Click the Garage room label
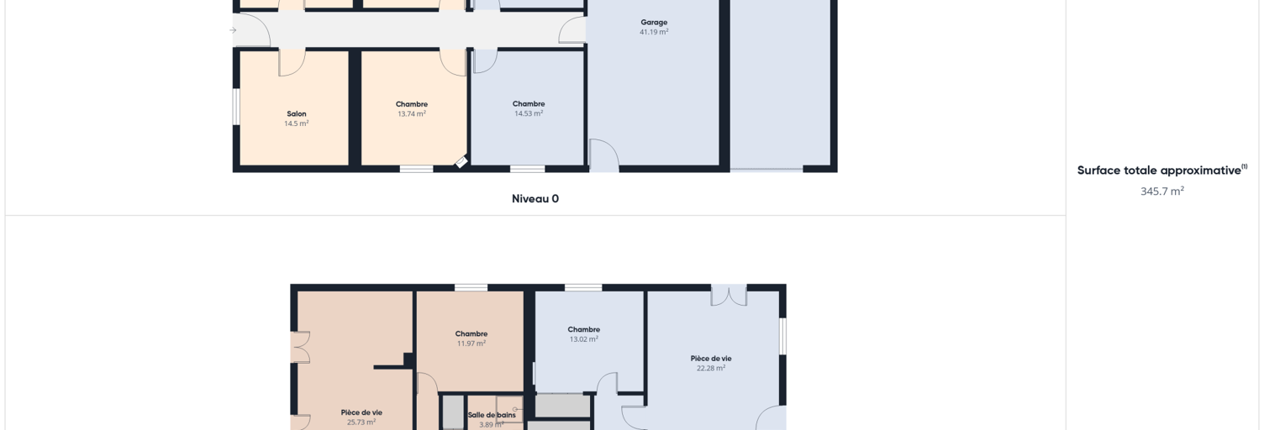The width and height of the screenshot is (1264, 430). click(654, 23)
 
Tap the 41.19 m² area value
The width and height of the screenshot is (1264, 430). click(654, 32)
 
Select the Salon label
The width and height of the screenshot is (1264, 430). click(296, 114)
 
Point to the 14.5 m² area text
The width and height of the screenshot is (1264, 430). click(296, 123)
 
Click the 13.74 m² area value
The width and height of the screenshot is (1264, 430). click(411, 114)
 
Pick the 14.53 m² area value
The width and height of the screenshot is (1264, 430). click(528, 113)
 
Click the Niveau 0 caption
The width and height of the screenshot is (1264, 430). click(535, 198)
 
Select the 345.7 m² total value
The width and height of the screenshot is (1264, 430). click(1161, 191)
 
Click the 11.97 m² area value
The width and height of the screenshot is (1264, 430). click(471, 343)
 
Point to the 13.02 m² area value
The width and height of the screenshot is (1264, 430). click(583, 339)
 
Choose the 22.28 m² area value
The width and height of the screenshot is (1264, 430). click(710, 368)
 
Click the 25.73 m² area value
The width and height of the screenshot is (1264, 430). click(361, 422)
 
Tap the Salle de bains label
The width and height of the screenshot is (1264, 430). click(492, 415)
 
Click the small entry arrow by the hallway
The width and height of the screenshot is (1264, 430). click(233, 30)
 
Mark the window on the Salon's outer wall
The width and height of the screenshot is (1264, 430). click(236, 106)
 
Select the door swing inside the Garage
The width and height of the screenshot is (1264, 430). click(603, 154)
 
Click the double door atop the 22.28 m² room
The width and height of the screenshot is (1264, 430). click(729, 296)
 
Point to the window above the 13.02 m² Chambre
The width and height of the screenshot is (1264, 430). click(583, 287)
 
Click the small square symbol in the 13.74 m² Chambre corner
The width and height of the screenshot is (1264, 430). click(461, 162)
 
